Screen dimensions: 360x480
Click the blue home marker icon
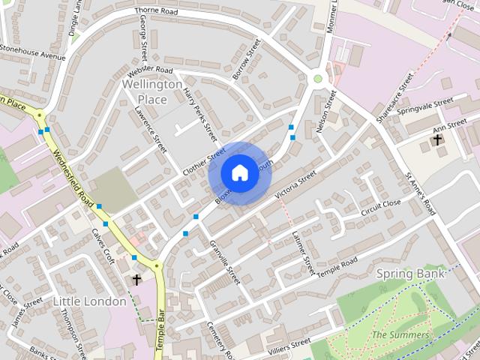tap(239, 173)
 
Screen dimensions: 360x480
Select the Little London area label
tap(90, 301)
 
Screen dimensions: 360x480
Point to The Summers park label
tap(400, 334)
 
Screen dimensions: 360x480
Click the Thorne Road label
tap(156, 12)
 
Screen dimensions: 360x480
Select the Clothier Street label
tap(203, 158)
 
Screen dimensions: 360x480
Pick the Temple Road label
tap(337, 265)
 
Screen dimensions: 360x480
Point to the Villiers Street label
tap(289, 343)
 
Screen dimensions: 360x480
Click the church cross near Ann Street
tap(437, 139)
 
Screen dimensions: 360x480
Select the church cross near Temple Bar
tap(136, 280)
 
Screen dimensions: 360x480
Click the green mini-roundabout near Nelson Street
tap(318, 78)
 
